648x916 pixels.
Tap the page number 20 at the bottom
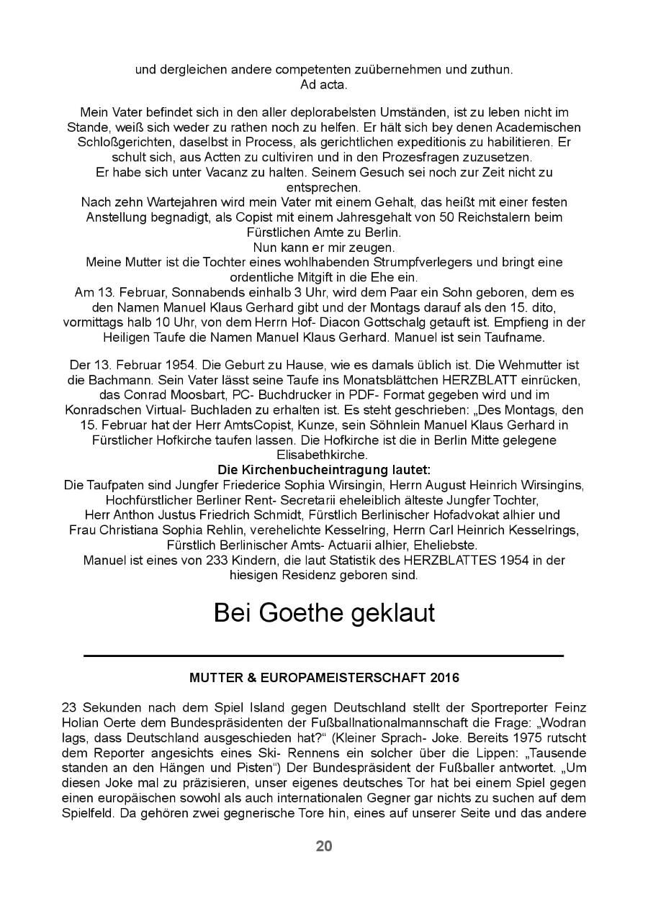[x=324, y=846]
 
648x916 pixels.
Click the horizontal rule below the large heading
[x=324, y=656]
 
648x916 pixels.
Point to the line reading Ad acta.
[x=324, y=84]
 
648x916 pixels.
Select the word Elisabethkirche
[x=324, y=455]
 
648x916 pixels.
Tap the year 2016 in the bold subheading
[x=444, y=678]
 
